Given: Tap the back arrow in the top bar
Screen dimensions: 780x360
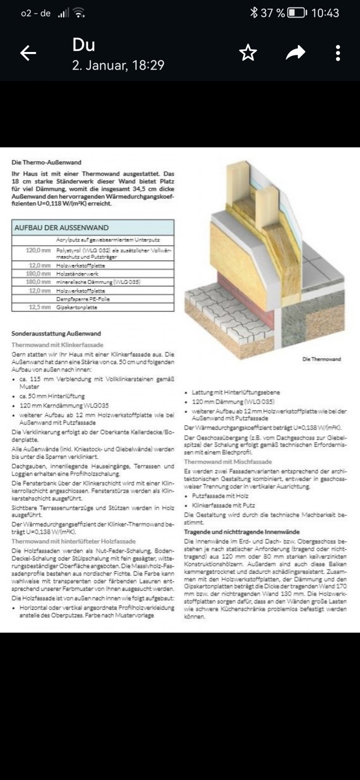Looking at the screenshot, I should tap(28, 53).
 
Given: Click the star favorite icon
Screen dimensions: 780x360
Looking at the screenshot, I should tap(248, 53).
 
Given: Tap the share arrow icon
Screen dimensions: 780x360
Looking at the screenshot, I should tap(295, 53).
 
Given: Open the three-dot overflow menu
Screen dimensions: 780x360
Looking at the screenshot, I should tap(338, 53).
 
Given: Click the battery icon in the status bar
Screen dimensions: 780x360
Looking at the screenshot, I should tap(297, 13).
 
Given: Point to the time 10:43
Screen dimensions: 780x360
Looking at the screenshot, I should tap(325, 13).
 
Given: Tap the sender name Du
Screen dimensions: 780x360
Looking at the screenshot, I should tap(84, 45).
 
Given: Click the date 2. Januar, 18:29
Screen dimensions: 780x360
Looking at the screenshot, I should tap(118, 65).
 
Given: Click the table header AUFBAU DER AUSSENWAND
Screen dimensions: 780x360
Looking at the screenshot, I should tap(61, 227).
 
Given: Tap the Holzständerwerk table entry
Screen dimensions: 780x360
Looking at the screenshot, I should tap(77, 274).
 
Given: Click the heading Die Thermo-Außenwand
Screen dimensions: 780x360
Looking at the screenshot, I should tap(46, 162).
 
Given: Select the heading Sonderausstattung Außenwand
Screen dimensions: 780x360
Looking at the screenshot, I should tap(56, 334).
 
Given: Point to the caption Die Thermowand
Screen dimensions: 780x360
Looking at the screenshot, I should tap(321, 359).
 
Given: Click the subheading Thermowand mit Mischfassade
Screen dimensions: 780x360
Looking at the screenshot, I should tap(228, 462).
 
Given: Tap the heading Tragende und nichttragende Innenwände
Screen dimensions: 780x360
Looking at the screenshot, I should tap(242, 532).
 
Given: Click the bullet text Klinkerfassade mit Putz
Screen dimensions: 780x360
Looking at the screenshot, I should tap(223, 505).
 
